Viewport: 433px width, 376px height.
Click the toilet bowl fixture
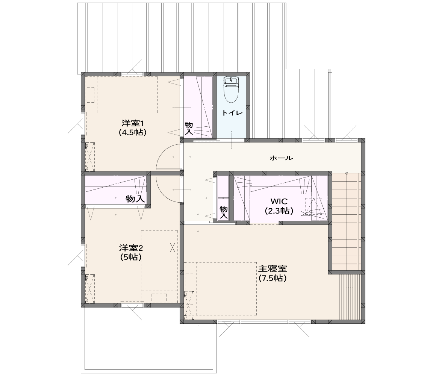230,89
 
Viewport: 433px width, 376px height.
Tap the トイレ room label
233,113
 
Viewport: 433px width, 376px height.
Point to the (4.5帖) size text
133,132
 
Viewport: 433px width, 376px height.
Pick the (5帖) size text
131,257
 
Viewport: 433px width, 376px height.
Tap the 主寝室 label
273,268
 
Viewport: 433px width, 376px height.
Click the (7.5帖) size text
273,278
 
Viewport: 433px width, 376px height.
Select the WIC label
279,201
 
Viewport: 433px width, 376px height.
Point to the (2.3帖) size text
279,211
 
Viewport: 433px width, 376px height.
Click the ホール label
281,158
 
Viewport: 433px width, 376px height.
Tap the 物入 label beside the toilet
189,129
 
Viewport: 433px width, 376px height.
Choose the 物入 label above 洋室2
135,199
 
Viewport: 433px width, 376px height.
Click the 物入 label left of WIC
223,212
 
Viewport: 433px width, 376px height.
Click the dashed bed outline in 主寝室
226,289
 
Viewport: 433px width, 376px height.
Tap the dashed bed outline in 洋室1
127,95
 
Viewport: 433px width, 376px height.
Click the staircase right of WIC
346,221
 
